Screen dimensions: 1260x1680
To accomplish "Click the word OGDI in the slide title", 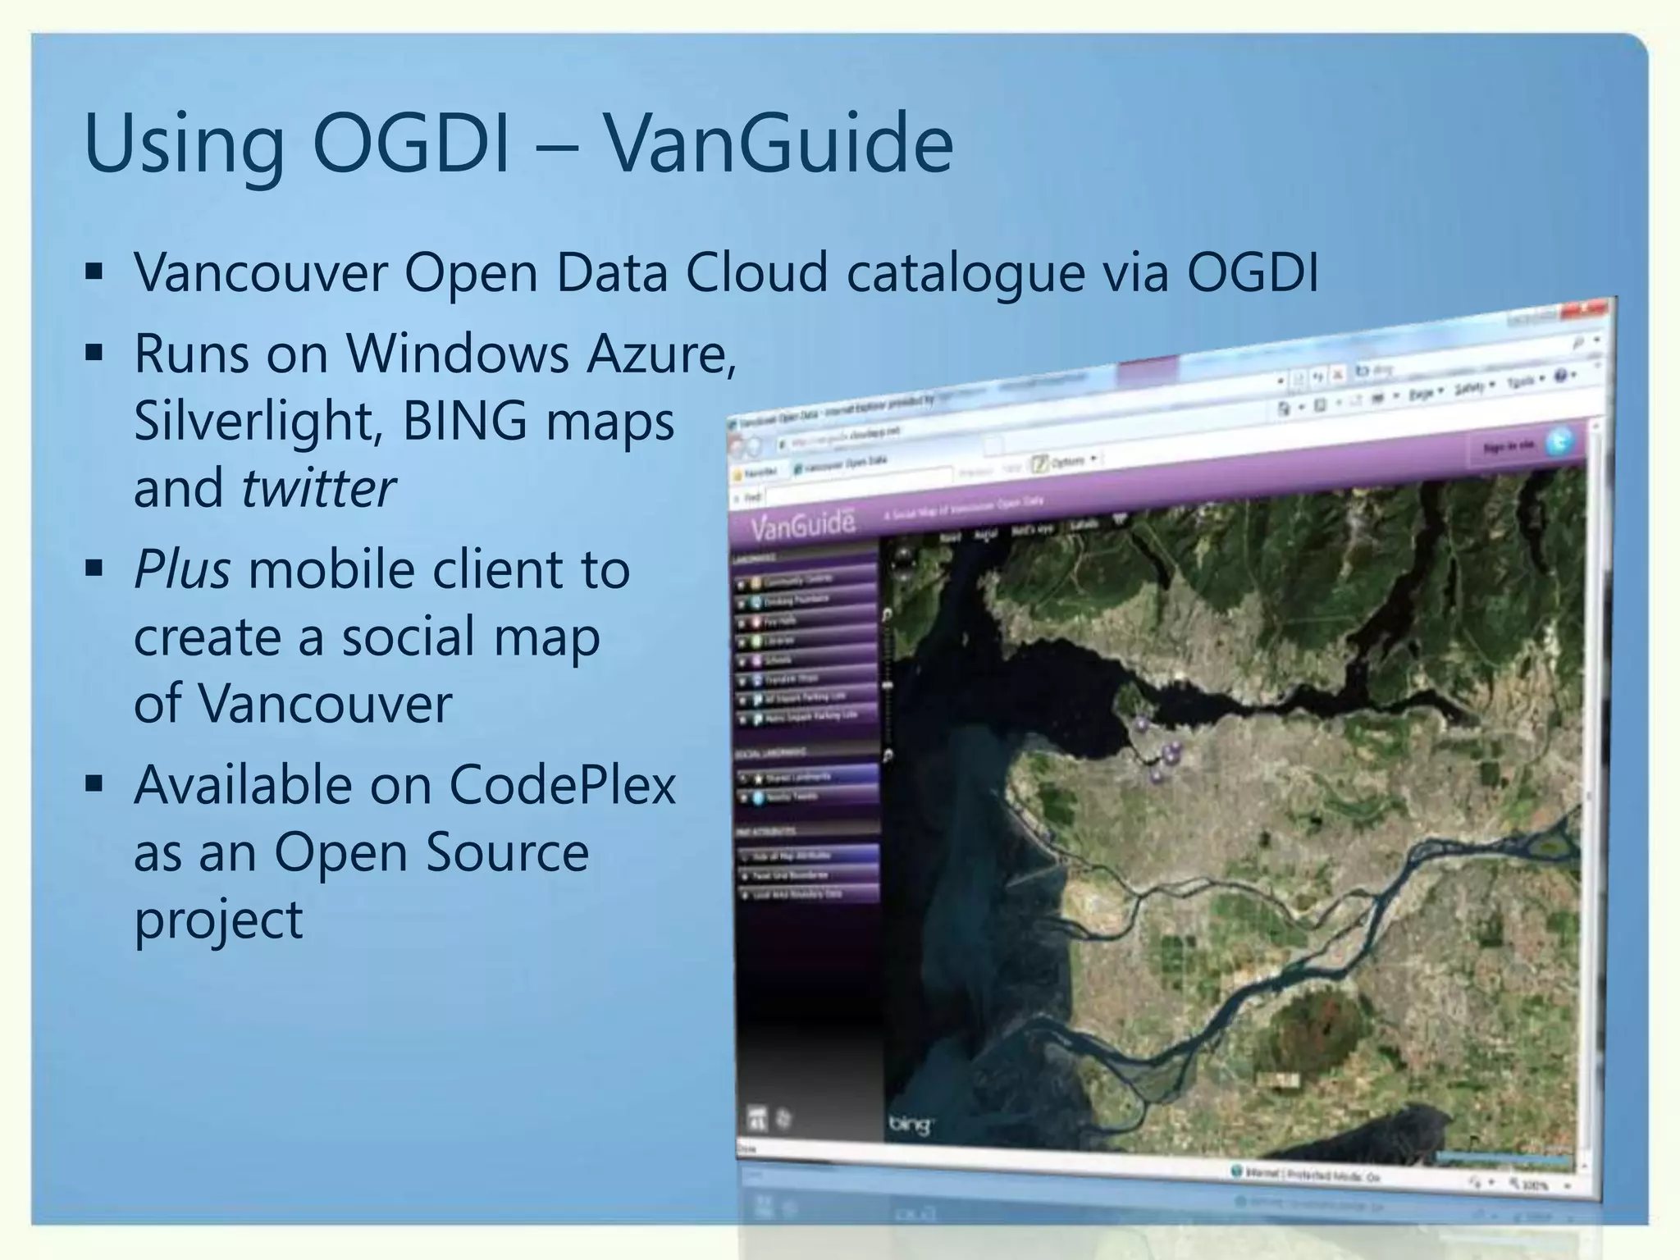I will [411, 144].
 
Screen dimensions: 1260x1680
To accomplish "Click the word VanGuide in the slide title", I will [778, 144].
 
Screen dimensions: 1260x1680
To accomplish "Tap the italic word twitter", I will [318, 488].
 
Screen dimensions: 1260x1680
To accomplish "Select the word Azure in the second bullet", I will [660, 354].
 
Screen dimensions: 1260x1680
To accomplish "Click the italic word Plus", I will [182, 569].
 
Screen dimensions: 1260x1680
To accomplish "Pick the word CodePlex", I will [562, 785].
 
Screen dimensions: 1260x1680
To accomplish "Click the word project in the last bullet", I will [218, 920].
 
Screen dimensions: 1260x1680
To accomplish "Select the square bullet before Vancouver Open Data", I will [94, 272].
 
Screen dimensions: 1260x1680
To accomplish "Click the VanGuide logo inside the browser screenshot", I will [802, 524].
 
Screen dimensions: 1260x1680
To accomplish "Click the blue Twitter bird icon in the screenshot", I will [1559, 442].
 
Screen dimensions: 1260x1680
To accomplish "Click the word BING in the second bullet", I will [464, 421].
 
